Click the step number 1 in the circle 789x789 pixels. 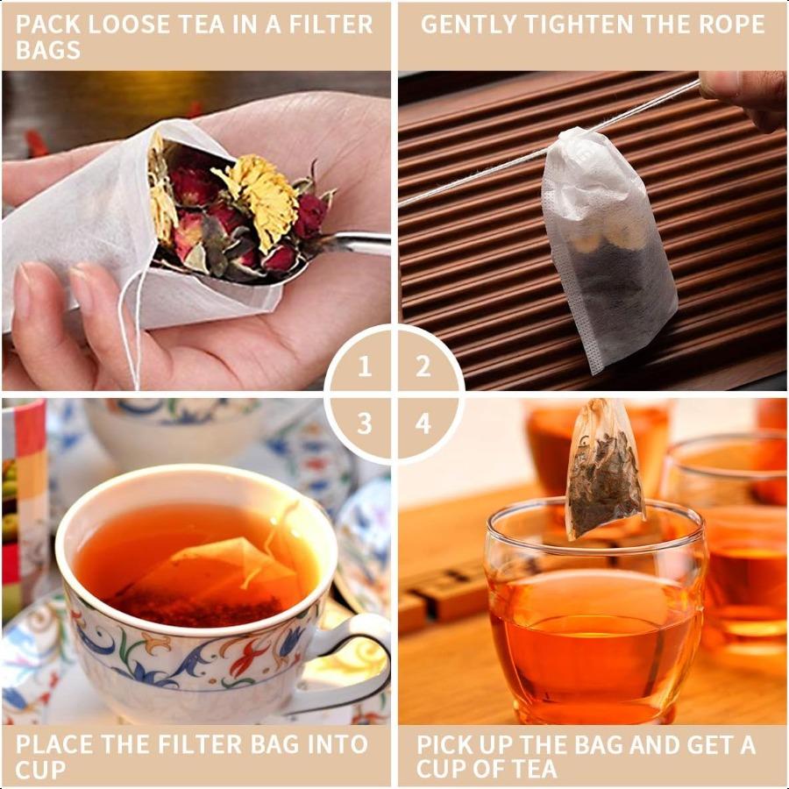(x=366, y=366)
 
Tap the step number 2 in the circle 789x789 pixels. (x=423, y=366)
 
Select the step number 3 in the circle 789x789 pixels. (x=366, y=424)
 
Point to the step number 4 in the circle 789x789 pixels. (x=423, y=424)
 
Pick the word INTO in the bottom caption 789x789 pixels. (x=336, y=745)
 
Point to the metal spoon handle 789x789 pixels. (x=359, y=245)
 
